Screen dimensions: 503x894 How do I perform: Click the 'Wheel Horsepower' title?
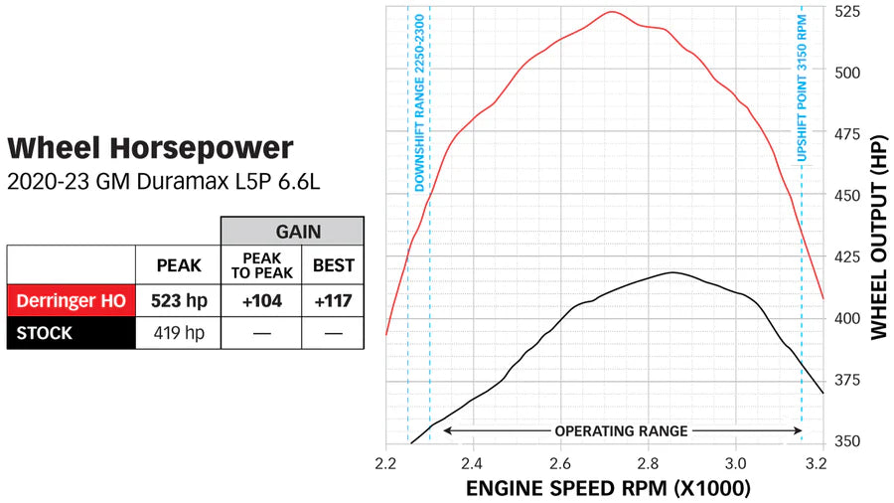coord(151,149)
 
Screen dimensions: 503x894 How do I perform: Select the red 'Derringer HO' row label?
coord(71,300)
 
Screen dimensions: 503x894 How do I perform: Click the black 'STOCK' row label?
coord(45,333)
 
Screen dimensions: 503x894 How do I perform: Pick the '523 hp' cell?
coord(178,300)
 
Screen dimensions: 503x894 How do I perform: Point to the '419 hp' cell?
coord(178,333)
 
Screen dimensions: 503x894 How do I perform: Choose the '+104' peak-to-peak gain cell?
coord(260,300)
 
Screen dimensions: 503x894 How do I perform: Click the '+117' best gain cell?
coord(333,300)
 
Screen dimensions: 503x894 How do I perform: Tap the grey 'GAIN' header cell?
coord(292,231)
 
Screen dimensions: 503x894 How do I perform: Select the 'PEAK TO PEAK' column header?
coord(260,265)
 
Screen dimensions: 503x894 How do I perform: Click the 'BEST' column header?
coord(333,265)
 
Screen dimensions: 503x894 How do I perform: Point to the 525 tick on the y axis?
coord(847,13)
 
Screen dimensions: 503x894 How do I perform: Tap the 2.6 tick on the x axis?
coord(560,462)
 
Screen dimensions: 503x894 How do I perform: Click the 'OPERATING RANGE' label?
coord(621,430)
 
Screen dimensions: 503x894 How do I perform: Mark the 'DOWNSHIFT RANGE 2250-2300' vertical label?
coord(420,104)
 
